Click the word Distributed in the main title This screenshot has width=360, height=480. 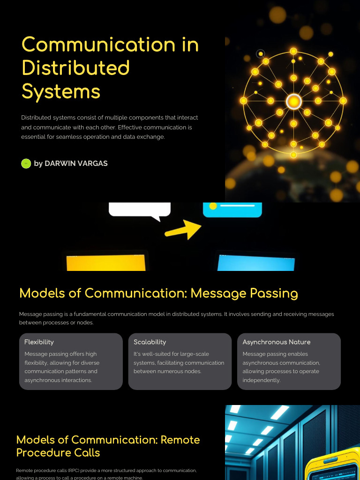point(75,68)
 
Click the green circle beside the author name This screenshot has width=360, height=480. point(26,164)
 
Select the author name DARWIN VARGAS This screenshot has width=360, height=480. point(76,164)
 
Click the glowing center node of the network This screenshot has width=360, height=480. point(293,101)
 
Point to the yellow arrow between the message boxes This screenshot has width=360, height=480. point(183,229)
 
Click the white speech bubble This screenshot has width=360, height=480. point(139,210)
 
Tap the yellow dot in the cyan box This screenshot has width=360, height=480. point(213,206)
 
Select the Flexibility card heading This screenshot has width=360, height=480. point(39,342)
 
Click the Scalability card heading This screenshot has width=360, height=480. point(150,342)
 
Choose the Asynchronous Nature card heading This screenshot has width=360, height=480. point(276,342)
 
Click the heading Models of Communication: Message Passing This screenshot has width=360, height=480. point(158,293)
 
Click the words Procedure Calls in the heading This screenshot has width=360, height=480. point(58,452)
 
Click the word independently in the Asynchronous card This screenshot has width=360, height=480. point(262,380)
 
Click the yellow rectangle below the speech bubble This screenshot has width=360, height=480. point(106,263)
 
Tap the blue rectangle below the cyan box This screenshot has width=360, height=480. point(256,263)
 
